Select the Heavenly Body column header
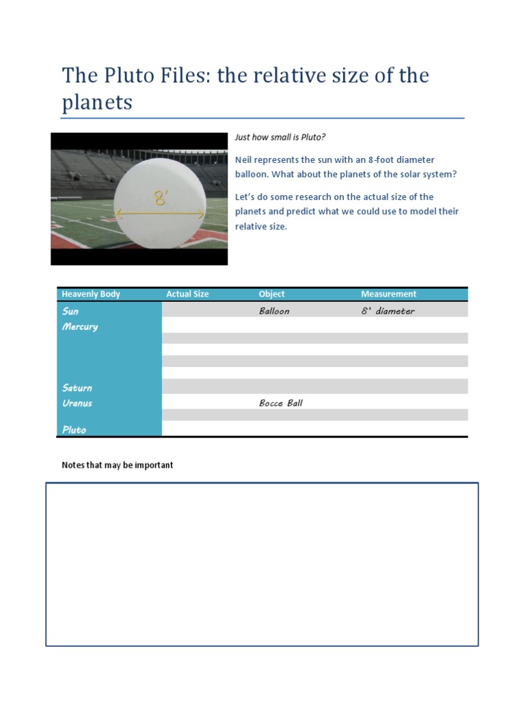90,294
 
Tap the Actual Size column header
187,294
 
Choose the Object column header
271,294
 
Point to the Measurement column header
388,294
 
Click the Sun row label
70,311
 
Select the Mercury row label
80,327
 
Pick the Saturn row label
77,388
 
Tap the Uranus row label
77,403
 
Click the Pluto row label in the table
74,430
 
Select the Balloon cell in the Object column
274,311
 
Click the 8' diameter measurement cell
388,311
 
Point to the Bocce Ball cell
280,403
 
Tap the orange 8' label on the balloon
161,199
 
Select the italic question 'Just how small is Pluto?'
280,137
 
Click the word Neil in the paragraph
244,160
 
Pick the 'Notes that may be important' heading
118,466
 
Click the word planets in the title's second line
97,103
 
